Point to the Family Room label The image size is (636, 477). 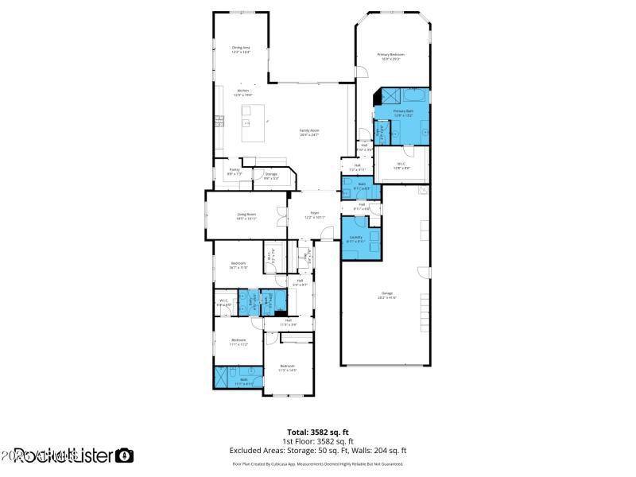309,132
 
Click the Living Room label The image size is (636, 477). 246,215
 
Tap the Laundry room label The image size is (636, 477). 355,238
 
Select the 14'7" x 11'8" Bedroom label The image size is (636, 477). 238,265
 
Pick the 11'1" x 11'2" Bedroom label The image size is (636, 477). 239,342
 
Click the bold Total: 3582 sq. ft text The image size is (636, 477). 318,432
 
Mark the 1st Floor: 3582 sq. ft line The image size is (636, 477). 318,441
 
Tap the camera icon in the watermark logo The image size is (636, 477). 125,456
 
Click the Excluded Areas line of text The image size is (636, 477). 318,450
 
